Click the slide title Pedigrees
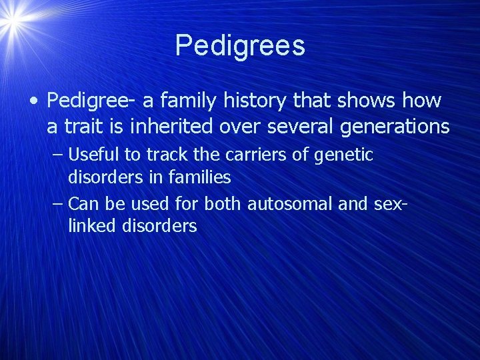coord(240,45)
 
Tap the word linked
coord(92,226)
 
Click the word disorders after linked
coord(159,226)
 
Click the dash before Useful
coord(58,155)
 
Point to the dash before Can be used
coord(58,204)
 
